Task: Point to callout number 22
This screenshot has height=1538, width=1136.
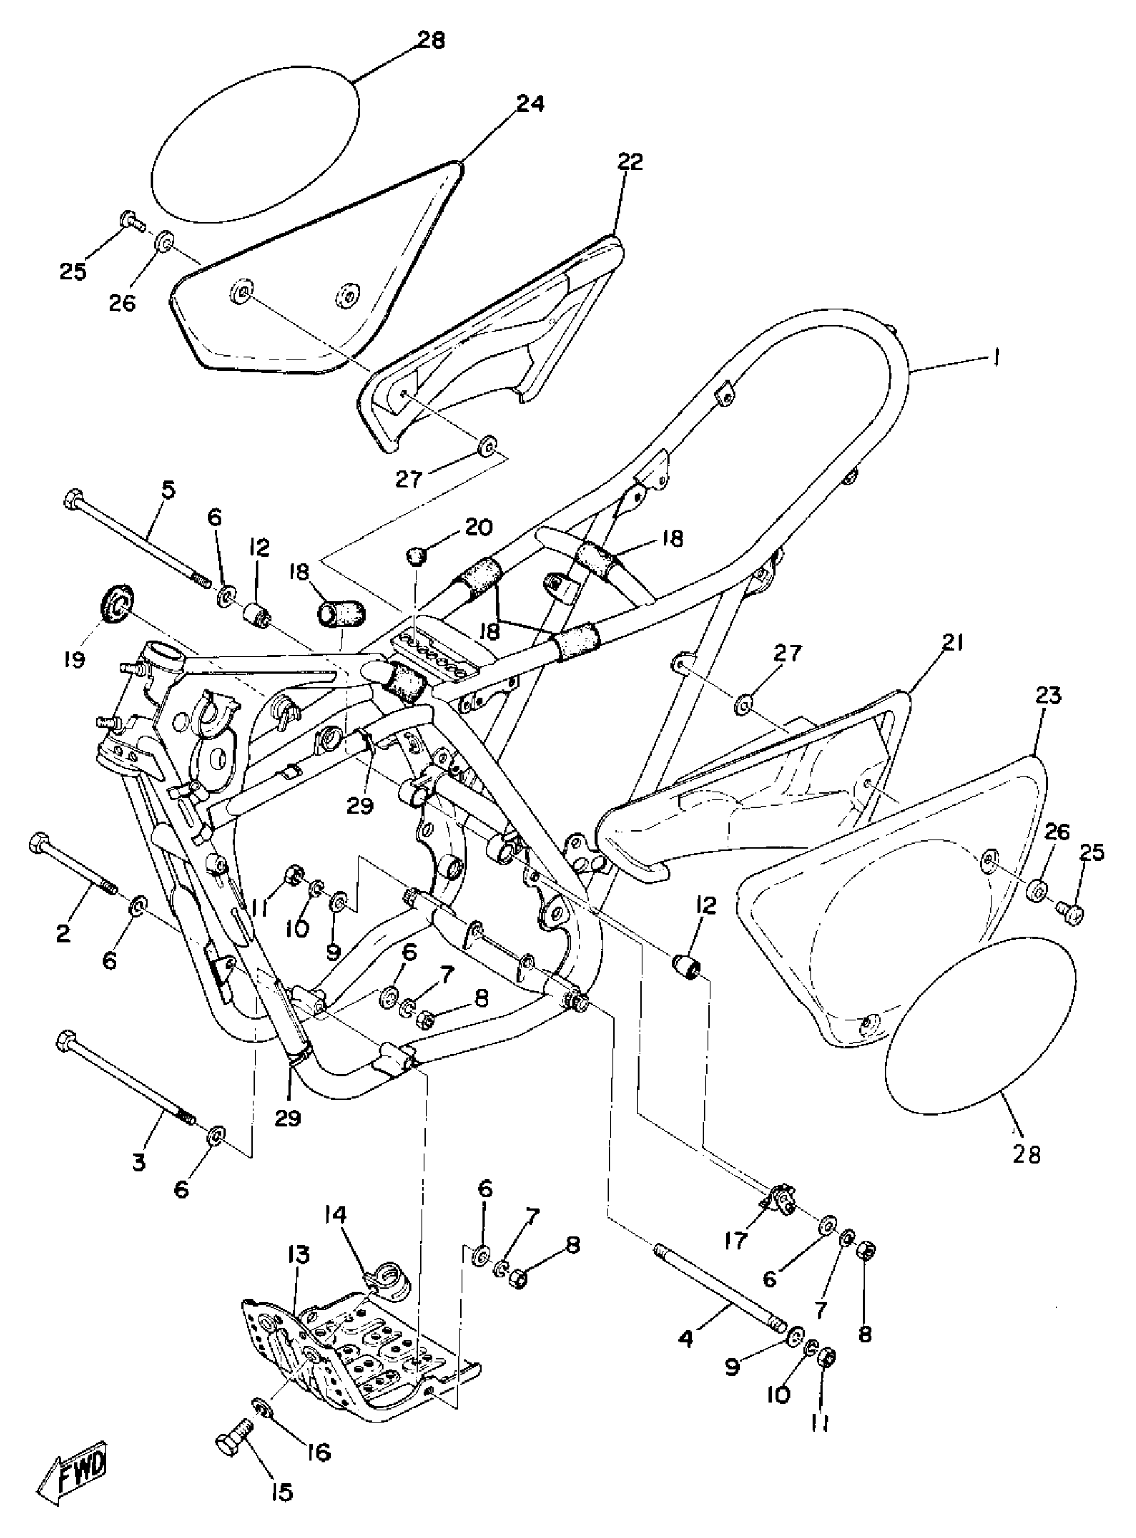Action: tap(630, 162)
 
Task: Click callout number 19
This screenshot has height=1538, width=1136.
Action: tap(74, 660)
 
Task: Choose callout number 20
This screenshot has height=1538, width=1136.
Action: tap(479, 528)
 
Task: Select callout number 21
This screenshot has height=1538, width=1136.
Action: tap(953, 643)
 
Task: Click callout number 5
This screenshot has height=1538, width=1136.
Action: tap(168, 490)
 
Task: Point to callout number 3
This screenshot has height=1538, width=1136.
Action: tap(140, 1163)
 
